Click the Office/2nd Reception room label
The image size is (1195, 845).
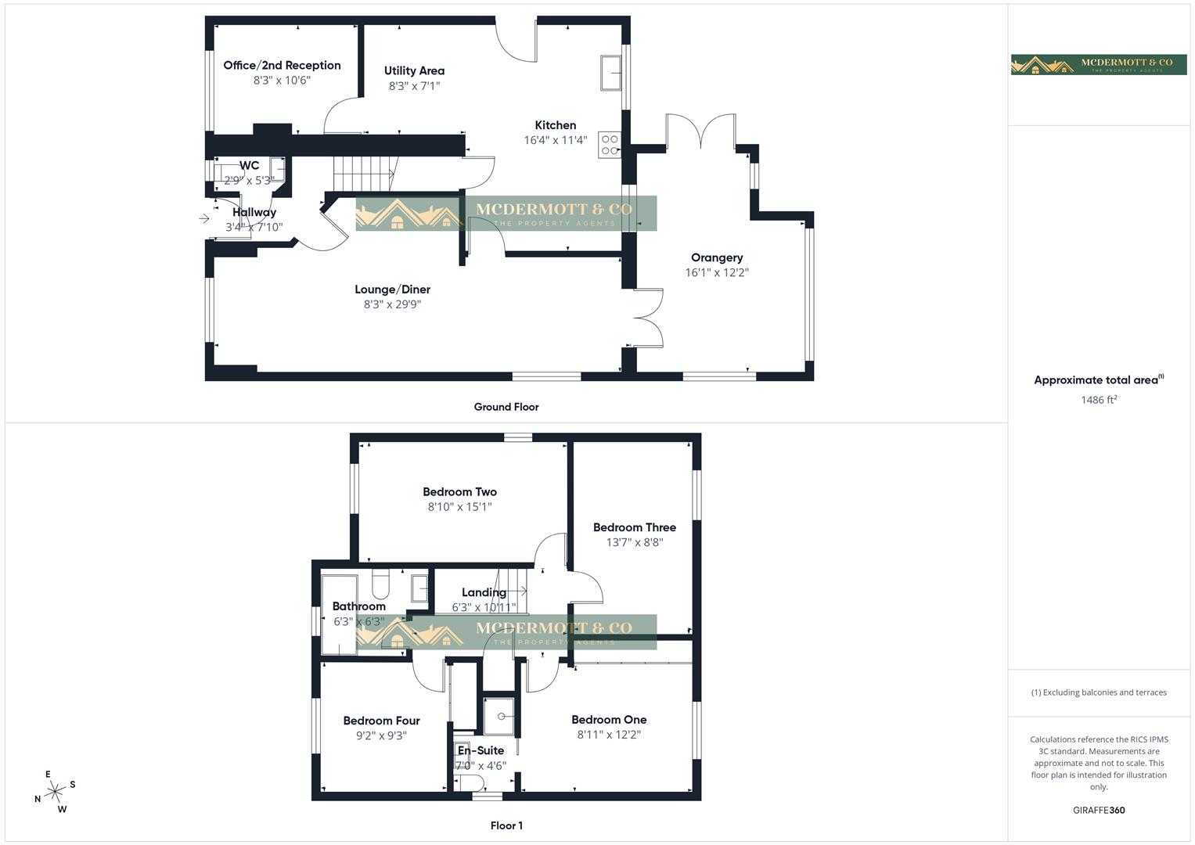[282, 66]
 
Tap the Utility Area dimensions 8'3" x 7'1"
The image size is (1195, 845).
[414, 86]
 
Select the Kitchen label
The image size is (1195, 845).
[555, 125]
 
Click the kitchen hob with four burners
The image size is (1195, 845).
[609, 145]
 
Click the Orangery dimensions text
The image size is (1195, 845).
[717, 273]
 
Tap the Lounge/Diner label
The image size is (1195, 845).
[392, 289]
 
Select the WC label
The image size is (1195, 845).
[249, 166]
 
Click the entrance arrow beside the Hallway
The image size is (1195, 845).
[204, 219]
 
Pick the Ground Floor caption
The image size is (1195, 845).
[506, 407]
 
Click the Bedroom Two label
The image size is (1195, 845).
[459, 492]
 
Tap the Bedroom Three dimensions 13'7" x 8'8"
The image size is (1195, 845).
[635, 542]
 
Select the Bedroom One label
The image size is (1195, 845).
[609, 720]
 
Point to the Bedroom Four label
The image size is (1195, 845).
[381, 721]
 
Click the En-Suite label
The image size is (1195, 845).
[481, 750]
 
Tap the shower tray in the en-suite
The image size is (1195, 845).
[499, 716]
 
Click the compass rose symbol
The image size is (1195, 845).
[55, 792]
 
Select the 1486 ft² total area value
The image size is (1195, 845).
[1099, 400]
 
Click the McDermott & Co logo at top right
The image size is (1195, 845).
[1099, 65]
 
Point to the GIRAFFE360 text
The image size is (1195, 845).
[1099, 811]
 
